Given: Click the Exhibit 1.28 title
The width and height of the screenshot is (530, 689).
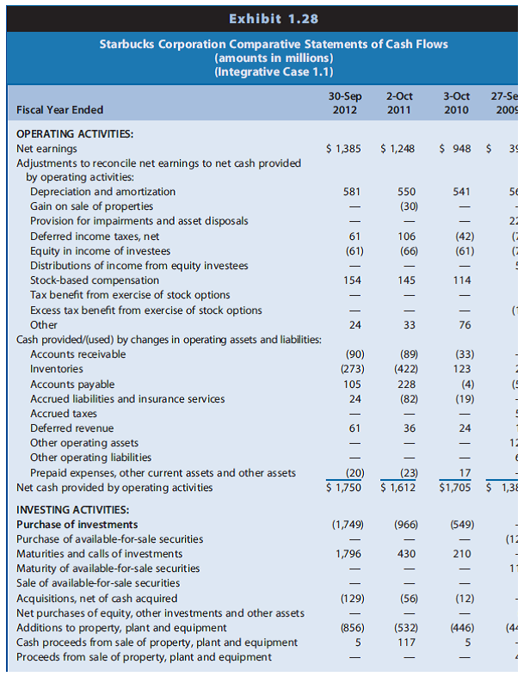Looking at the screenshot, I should click(x=265, y=16).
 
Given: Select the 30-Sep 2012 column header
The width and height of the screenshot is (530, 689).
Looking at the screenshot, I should click(x=344, y=102).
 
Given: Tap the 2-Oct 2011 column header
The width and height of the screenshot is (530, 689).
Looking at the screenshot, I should click(x=397, y=102).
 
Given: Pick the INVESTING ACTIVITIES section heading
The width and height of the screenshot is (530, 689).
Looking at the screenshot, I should click(x=73, y=509).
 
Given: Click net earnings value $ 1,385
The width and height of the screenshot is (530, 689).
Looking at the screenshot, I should click(x=344, y=149).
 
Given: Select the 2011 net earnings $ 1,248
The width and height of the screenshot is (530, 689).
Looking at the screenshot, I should click(x=397, y=149).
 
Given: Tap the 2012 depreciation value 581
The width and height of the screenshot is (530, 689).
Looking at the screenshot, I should click(x=352, y=192).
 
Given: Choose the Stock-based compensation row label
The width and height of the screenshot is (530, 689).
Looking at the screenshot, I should click(x=95, y=280).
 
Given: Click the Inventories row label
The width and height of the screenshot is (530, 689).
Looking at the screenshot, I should click(x=57, y=369).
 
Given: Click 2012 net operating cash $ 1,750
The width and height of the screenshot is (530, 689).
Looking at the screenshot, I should click(x=344, y=488).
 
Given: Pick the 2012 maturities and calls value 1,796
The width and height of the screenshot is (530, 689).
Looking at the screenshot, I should click(x=348, y=554).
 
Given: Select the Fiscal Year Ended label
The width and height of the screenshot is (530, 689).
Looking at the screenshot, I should click(x=60, y=109).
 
